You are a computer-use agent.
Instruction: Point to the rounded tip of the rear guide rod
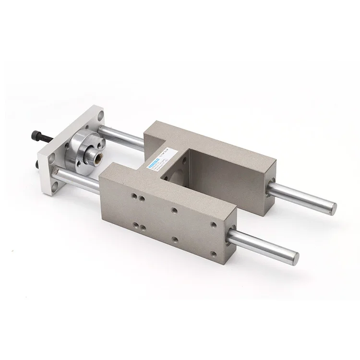(x=332, y=208)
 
